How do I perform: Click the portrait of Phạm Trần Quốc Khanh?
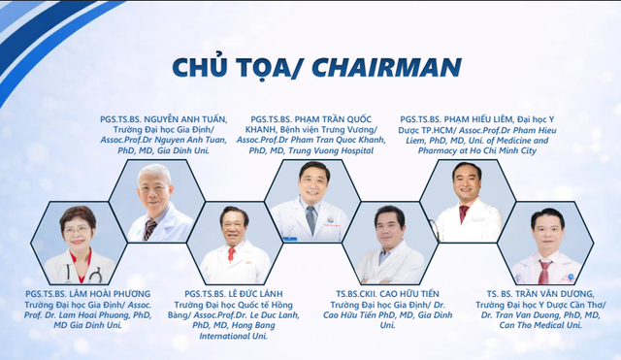click(310, 199)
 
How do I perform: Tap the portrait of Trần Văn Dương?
click(547, 245)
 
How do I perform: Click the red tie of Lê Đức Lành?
click(231, 254)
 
